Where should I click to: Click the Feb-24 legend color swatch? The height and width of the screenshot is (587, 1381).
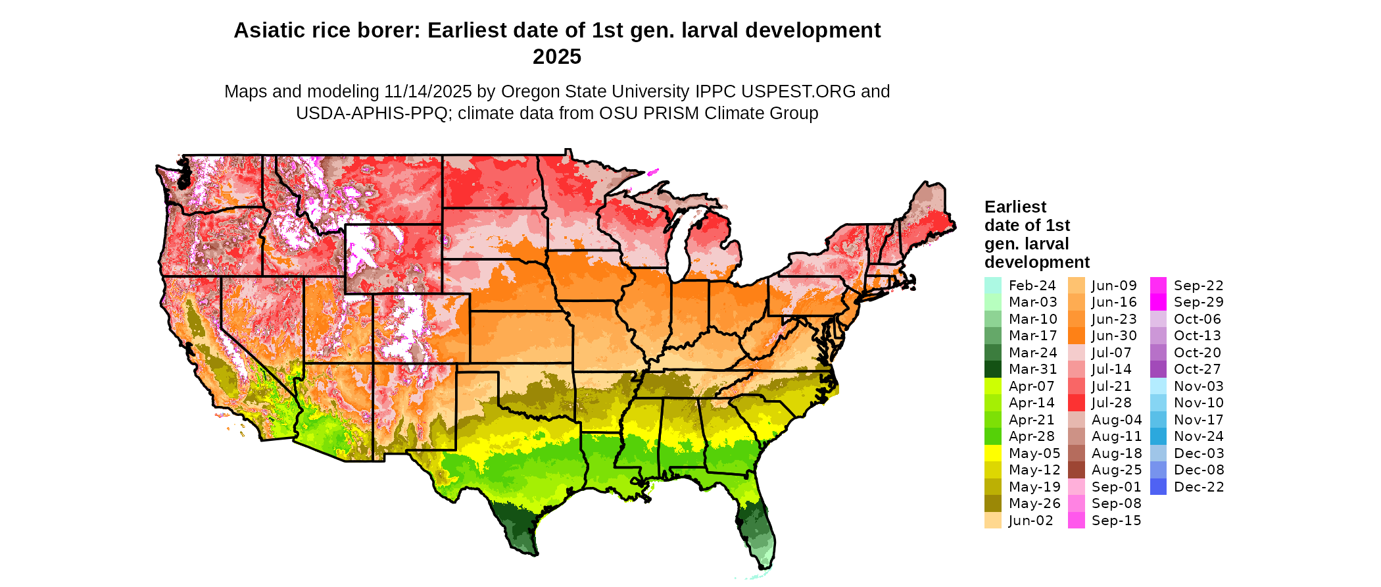coord(992,286)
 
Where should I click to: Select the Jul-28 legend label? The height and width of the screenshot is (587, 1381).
coord(1111,403)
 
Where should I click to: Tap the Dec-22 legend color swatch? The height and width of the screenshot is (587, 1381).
coord(1158,487)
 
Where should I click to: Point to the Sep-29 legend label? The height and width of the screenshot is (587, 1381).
coord(1198,302)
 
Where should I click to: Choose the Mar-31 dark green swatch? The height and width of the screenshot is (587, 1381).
coord(992,369)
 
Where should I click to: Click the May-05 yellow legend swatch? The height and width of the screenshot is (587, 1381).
coord(992,453)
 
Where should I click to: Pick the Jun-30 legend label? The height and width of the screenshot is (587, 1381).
coord(1114,336)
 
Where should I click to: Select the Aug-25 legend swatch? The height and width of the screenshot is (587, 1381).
coord(1076,470)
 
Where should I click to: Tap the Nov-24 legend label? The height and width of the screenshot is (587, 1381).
coord(1198,436)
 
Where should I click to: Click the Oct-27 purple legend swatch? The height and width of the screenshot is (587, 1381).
coord(1158,369)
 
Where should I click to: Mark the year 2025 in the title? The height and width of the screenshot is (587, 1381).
coord(557,57)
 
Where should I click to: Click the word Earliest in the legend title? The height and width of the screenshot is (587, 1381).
coord(1015,207)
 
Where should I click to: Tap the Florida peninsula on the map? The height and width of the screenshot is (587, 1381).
coord(760,526)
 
